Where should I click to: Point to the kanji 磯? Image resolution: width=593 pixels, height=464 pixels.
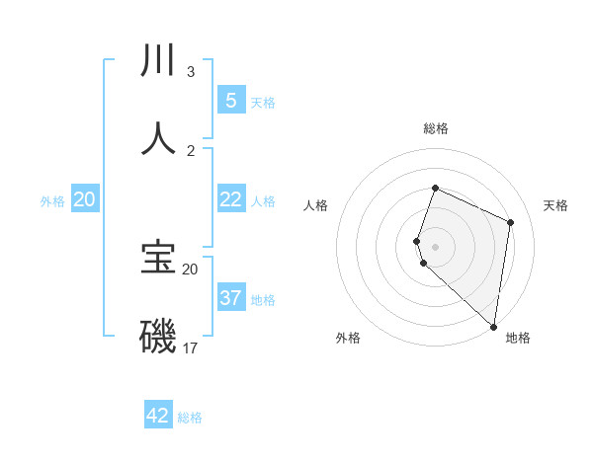(x=158, y=337)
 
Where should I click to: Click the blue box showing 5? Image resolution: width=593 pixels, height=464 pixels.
(x=230, y=100)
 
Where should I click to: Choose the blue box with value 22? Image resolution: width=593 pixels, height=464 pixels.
(x=230, y=199)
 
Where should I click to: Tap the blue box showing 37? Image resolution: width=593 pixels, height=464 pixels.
(x=230, y=297)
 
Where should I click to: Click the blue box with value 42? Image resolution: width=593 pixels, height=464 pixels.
(x=158, y=416)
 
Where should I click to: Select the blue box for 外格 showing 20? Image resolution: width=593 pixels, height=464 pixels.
(x=84, y=199)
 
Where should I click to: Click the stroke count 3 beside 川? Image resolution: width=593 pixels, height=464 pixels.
(x=190, y=72)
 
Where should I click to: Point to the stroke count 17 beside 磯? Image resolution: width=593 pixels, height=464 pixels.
(x=190, y=348)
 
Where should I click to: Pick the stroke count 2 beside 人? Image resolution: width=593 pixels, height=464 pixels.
(x=190, y=151)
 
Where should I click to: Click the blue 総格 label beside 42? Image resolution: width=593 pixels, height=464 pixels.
(x=190, y=418)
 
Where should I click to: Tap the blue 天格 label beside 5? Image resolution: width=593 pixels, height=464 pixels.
(x=263, y=103)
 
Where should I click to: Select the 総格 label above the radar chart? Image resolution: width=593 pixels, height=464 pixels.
(x=435, y=128)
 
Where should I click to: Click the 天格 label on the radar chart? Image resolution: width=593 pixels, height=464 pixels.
(x=555, y=205)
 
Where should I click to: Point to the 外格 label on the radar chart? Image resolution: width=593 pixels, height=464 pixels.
(x=347, y=338)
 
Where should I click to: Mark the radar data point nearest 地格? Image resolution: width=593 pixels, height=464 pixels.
(x=494, y=327)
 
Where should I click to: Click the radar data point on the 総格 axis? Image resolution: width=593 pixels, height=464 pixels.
(x=435, y=189)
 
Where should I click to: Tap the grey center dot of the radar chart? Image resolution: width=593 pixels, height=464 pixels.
(x=435, y=246)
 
